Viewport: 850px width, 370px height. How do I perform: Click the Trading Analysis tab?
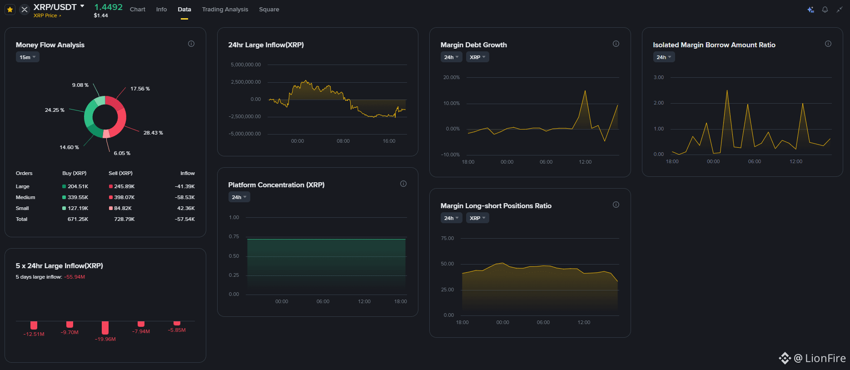pos(225,9)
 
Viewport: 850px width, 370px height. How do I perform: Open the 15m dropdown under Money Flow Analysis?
pos(27,57)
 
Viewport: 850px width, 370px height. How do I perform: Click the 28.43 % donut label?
pos(153,133)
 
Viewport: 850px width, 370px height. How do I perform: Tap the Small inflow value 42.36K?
pos(186,208)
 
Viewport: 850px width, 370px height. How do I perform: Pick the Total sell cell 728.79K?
pos(124,219)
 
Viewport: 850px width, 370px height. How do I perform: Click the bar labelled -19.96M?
pos(105,328)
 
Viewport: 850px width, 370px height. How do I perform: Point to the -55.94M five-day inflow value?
pos(75,277)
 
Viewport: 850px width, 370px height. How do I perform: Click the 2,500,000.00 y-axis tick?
pos(246,82)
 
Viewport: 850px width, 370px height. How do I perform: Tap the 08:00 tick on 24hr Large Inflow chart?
pos(343,141)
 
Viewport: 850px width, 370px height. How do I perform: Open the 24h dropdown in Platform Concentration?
pos(239,197)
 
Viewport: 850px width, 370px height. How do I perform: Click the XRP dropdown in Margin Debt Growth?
pos(477,57)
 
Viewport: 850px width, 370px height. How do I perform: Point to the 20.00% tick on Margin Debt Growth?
pos(451,77)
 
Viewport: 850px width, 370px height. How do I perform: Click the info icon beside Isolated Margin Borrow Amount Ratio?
pos(828,44)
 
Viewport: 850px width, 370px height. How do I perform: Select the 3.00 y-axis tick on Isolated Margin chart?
pos(658,77)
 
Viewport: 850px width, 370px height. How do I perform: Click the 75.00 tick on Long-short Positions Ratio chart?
pos(447,238)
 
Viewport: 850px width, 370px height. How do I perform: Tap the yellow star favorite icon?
pos(10,9)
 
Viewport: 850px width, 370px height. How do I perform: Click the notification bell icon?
pos(825,10)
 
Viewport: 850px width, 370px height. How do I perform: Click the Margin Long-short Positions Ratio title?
pos(496,206)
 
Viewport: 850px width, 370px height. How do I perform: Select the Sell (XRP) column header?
pos(120,173)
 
